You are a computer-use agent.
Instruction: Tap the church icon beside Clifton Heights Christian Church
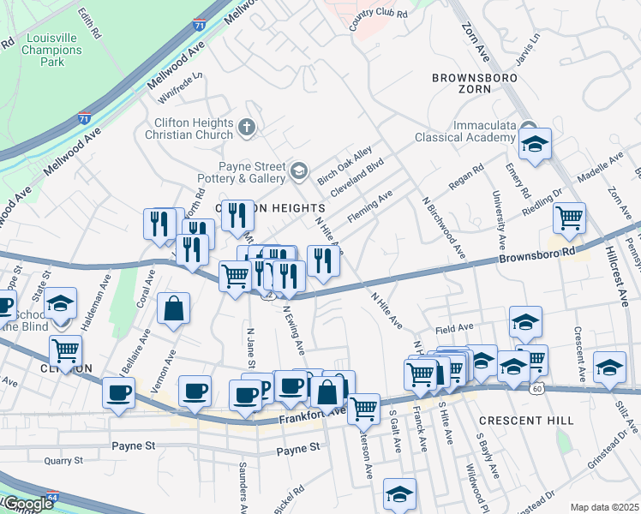point(247,128)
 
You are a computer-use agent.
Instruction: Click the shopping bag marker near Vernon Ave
point(173,311)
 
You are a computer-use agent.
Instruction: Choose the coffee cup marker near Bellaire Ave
point(118,394)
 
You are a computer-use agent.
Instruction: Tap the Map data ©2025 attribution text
point(604,507)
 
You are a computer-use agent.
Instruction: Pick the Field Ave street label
point(454,327)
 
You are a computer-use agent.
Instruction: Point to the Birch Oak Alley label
point(340,164)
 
